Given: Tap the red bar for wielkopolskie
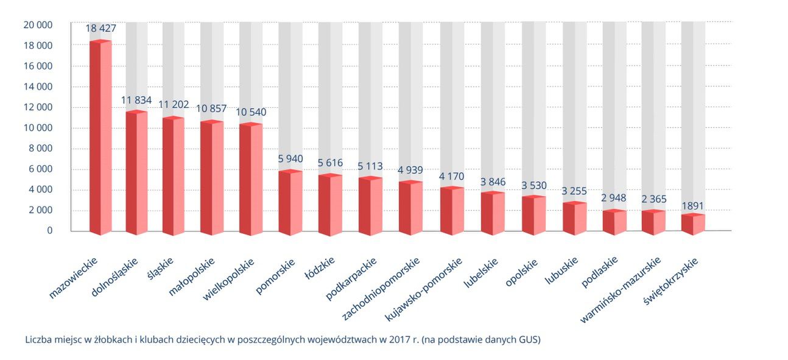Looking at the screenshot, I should [x=250, y=179].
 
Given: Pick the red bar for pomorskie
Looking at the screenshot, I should [x=290, y=202].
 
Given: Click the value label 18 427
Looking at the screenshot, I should [x=100, y=28].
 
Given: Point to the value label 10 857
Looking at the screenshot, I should [x=211, y=109].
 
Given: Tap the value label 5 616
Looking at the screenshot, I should [x=330, y=163].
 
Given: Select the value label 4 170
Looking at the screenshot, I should [x=451, y=177].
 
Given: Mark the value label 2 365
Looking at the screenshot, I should [x=653, y=199].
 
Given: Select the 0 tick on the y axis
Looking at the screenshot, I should [x=49, y=231].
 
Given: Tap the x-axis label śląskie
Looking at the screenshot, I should [x=161, y=269].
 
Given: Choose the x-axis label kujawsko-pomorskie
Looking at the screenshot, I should [x=425, y=289].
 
